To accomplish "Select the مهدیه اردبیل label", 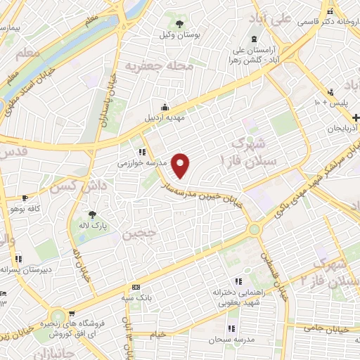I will tap(164, 118).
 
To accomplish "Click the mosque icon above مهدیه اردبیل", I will tap(164, 108).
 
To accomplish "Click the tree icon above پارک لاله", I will tap(91, 215).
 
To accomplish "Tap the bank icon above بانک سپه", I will tap(136, 288).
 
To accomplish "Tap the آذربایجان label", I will tap(343, 129).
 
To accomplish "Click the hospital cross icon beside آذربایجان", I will tap(356, 117).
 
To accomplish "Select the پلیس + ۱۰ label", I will tap(329, 103).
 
